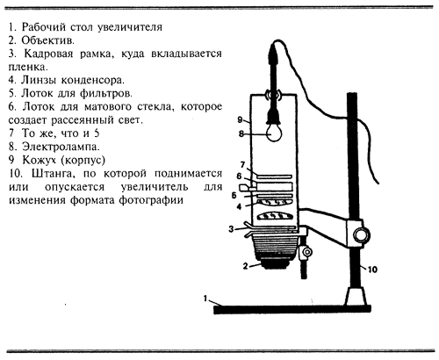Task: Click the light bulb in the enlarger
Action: (x=275, y=133)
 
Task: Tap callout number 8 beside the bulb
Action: (x=241, y=133)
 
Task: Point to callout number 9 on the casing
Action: (x=240, y=119)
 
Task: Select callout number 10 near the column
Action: (x=372, y=269)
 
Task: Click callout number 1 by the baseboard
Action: (x=205, y=299)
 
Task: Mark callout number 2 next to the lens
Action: (x=245, y=266)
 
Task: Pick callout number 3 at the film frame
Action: (x=231, y=229)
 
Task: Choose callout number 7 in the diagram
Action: (x=242, y=165)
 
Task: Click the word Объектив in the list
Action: (x=47, y=40)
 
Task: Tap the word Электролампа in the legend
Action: (x=61, y=147)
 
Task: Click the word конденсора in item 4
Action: (x=93, y=80)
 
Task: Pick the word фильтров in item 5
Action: (x=106, y=94)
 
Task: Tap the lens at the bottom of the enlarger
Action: (x=274, y=263)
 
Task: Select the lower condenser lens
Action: (x=274, y=215)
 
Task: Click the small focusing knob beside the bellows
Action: (x=307, y=252)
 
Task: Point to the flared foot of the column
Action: (x=356, y=296)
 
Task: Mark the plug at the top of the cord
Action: (x=273, y=54)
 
